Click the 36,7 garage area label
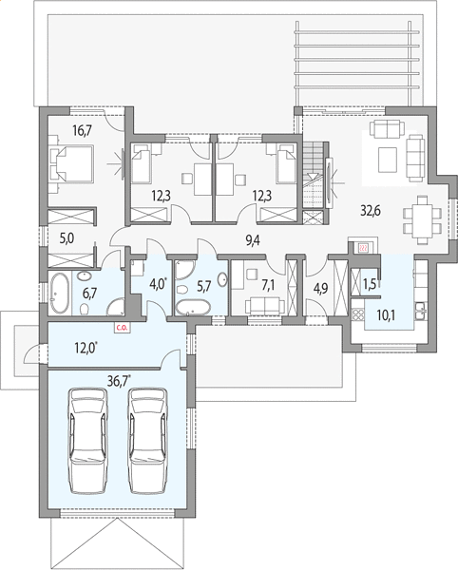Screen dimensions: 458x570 (119, 381)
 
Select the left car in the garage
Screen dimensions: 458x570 (89, 441)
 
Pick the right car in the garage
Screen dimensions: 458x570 (148, 441)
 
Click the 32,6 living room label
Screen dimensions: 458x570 (371, 210)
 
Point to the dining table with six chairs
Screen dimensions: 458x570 (423, 220)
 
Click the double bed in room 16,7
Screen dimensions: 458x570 (71, 163)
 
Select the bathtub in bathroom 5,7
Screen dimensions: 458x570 (193, 308)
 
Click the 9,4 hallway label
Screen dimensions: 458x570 (253, 240)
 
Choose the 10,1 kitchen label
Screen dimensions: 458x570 (387, 315)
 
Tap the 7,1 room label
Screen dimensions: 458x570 (268, 286)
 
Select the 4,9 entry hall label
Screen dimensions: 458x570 (320, 288)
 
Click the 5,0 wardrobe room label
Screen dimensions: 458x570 (67, 238)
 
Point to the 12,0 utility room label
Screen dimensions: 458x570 (86, 348)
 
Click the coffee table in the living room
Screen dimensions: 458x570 (388, 160)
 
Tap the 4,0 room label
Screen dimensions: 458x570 (159, 283)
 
